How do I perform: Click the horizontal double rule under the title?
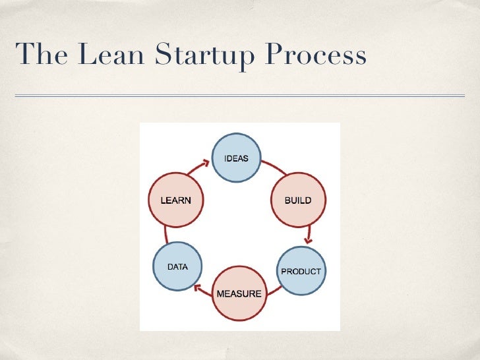pos(240,96)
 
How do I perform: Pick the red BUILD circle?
pos(297,200)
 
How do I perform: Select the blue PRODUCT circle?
pos(301,271)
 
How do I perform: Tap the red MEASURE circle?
pos(239,292)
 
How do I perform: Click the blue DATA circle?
pos(177,267)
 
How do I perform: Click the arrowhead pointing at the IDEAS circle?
pos(206,161)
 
